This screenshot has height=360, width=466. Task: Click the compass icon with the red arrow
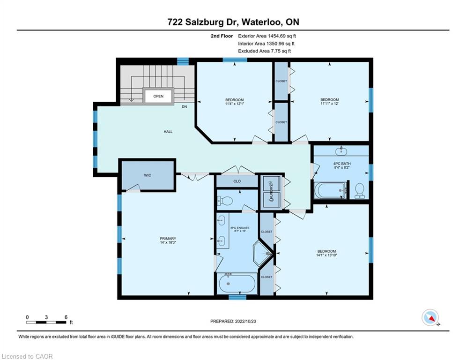click(x=430, y=317)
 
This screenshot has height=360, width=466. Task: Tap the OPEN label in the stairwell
click(x=158, y=96)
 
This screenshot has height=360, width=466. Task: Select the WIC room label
click(x=148, y=175)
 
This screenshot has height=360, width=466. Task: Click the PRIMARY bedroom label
click(x=168, y=238)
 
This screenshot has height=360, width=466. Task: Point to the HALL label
click(x=168, y=132)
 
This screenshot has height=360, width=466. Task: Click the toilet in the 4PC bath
click(x=360, y=190)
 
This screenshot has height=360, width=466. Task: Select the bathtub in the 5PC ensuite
click(x=237, y=284)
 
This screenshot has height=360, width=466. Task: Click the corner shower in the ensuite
click(x=263, y=253)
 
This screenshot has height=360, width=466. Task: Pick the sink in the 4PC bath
click(x=341, y=151)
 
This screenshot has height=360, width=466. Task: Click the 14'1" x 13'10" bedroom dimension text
click(x=326, y=255)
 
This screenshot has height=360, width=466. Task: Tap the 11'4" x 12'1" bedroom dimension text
click(x=235, y=104)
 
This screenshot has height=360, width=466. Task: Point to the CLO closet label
click(x=237, y=181)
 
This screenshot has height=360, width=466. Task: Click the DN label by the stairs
click(x=184, y=106)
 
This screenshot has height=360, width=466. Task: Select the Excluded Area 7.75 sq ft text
click(x=265, y=51)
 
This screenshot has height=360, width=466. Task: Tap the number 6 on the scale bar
click(x=66, y=317)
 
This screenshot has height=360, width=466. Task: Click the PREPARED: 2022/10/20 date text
click(x=233, y=321)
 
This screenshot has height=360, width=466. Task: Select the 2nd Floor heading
click(x=222, y=36)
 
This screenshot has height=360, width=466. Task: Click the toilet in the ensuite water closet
click(x=225, y=202)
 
